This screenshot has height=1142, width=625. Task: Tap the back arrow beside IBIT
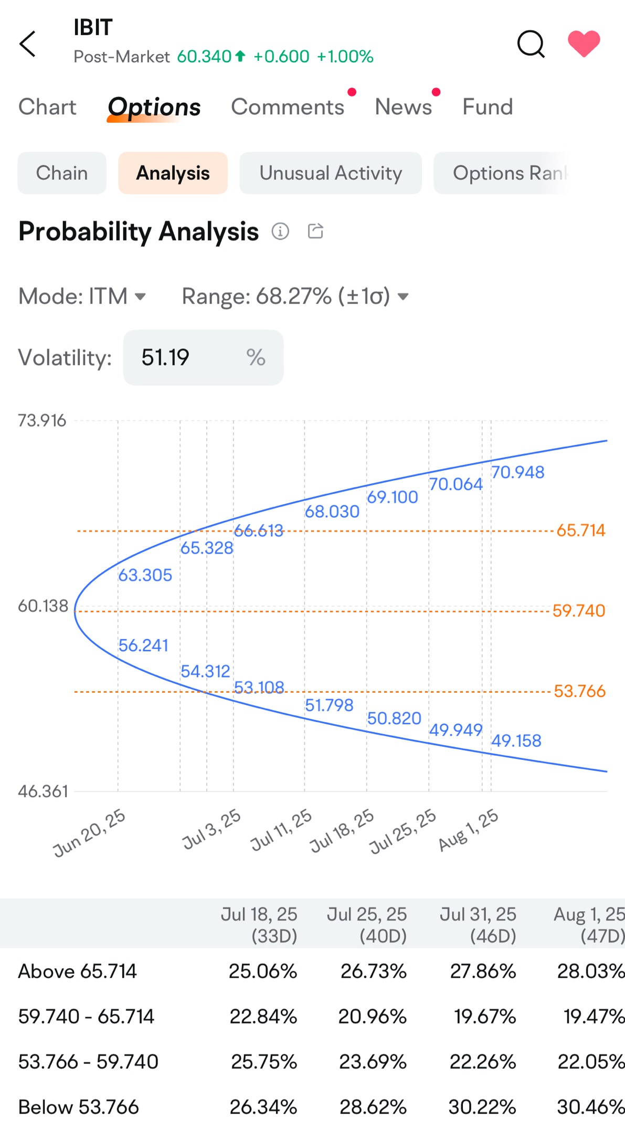pyautogui.click(x=28, y=44)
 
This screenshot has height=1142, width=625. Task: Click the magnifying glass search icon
pyautogui.click(x=531, y=44)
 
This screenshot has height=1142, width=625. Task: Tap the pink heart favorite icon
pyautogui.click(x=584, y=43)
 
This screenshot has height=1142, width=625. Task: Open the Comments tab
pyautogui.click(x=288, y=107)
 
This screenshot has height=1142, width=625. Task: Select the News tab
pyautogui.click(x=403, y=107)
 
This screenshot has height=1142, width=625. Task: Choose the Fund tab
pyautogui.click(x=488, y=107)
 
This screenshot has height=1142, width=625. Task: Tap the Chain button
pyautogui.click(x=62, y=173)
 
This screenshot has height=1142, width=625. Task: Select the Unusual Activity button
pyautogui.click(x=331, y=173)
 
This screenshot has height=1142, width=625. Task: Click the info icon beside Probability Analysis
pyautogui.click(x=280, y=231)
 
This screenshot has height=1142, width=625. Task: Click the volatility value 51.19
pyautogui.click(x=166, y=358)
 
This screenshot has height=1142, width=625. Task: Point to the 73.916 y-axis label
pyautogui.click(x=42, y=421)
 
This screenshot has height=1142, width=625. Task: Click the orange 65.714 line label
pyautogui.click(x=580, y=531)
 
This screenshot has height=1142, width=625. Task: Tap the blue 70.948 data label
pyautogui.click(x=517, y=472)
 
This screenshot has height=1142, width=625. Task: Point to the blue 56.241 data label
pyautogui.click(x=143, y=646)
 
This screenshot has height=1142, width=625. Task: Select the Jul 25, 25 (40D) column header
pyautogui.click(x=367, y=925)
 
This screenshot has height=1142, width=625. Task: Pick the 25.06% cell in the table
pyautogui.click(x=263, y=971)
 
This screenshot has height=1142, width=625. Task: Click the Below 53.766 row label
pyautogui.click(x=79, y=1107)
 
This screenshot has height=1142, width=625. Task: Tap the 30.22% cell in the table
pyautogui.click(x=482, y=1107)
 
